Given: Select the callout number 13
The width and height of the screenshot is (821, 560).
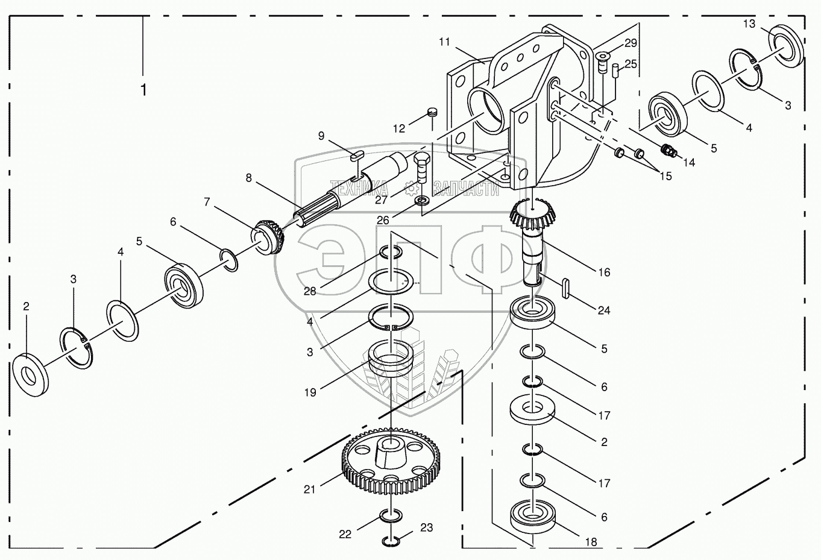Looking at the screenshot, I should (x=749, y=24).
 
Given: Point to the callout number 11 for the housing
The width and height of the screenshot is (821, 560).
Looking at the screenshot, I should (x=445, y=42).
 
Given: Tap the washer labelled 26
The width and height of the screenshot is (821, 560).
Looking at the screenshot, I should (x=421, y=199).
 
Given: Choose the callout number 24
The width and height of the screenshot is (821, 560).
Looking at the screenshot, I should (x=604, y=310).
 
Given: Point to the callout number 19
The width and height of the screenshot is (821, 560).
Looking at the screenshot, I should (x=310, y=392).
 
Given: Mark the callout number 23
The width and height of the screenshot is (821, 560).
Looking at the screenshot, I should (x=426, y=528).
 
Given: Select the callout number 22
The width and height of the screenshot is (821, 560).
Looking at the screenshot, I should (x=345, y=534).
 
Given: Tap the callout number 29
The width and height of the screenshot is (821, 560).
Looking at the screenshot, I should (x=631, y=43).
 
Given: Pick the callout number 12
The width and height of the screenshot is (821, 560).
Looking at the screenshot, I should (x=399, y=128).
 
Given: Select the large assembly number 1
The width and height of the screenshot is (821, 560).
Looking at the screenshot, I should (x=143, y=90).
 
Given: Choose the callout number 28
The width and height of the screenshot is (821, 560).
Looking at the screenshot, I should (x=310, y=292).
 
